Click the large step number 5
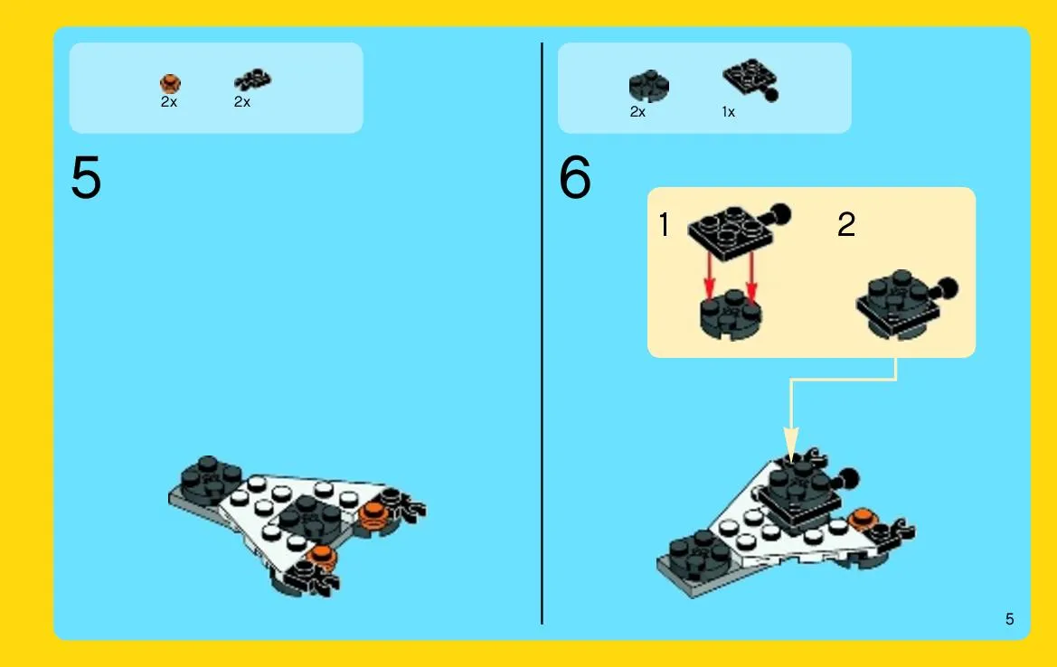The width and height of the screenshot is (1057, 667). (86, 177)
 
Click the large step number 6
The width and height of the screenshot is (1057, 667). (575, 177)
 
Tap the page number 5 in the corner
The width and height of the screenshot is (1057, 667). (1009, 619)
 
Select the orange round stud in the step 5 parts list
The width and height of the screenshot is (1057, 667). (170, 83)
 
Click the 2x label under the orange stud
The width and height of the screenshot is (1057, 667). (168, 102)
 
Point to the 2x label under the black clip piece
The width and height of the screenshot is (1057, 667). (242, 102)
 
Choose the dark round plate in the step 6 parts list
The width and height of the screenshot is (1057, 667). (648, 86)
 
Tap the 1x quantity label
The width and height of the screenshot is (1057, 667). (728, 112)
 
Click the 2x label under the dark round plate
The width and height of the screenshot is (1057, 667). (637, 112)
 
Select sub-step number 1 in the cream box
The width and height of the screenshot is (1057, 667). (664, 224)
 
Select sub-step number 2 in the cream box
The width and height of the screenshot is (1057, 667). (846, 224)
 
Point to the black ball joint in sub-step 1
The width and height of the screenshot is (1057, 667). (780, 214)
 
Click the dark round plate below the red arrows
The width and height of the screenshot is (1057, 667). (731, 315)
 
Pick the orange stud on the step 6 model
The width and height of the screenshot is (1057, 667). (861, 519)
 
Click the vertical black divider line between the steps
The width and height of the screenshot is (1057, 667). (542, 333)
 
